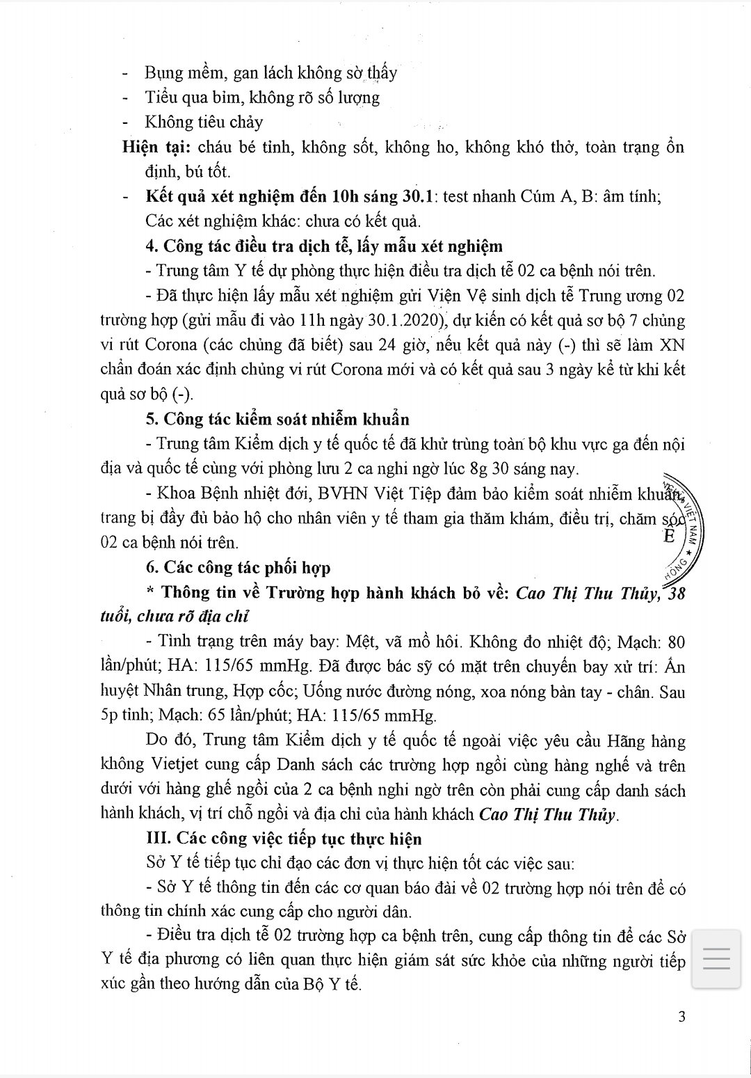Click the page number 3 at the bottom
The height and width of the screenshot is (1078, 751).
[681, 1017]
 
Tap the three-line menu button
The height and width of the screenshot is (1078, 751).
[716, 958]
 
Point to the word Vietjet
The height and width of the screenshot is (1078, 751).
[177, 766]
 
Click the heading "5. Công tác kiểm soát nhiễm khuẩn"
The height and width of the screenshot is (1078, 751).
[277, 420]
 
